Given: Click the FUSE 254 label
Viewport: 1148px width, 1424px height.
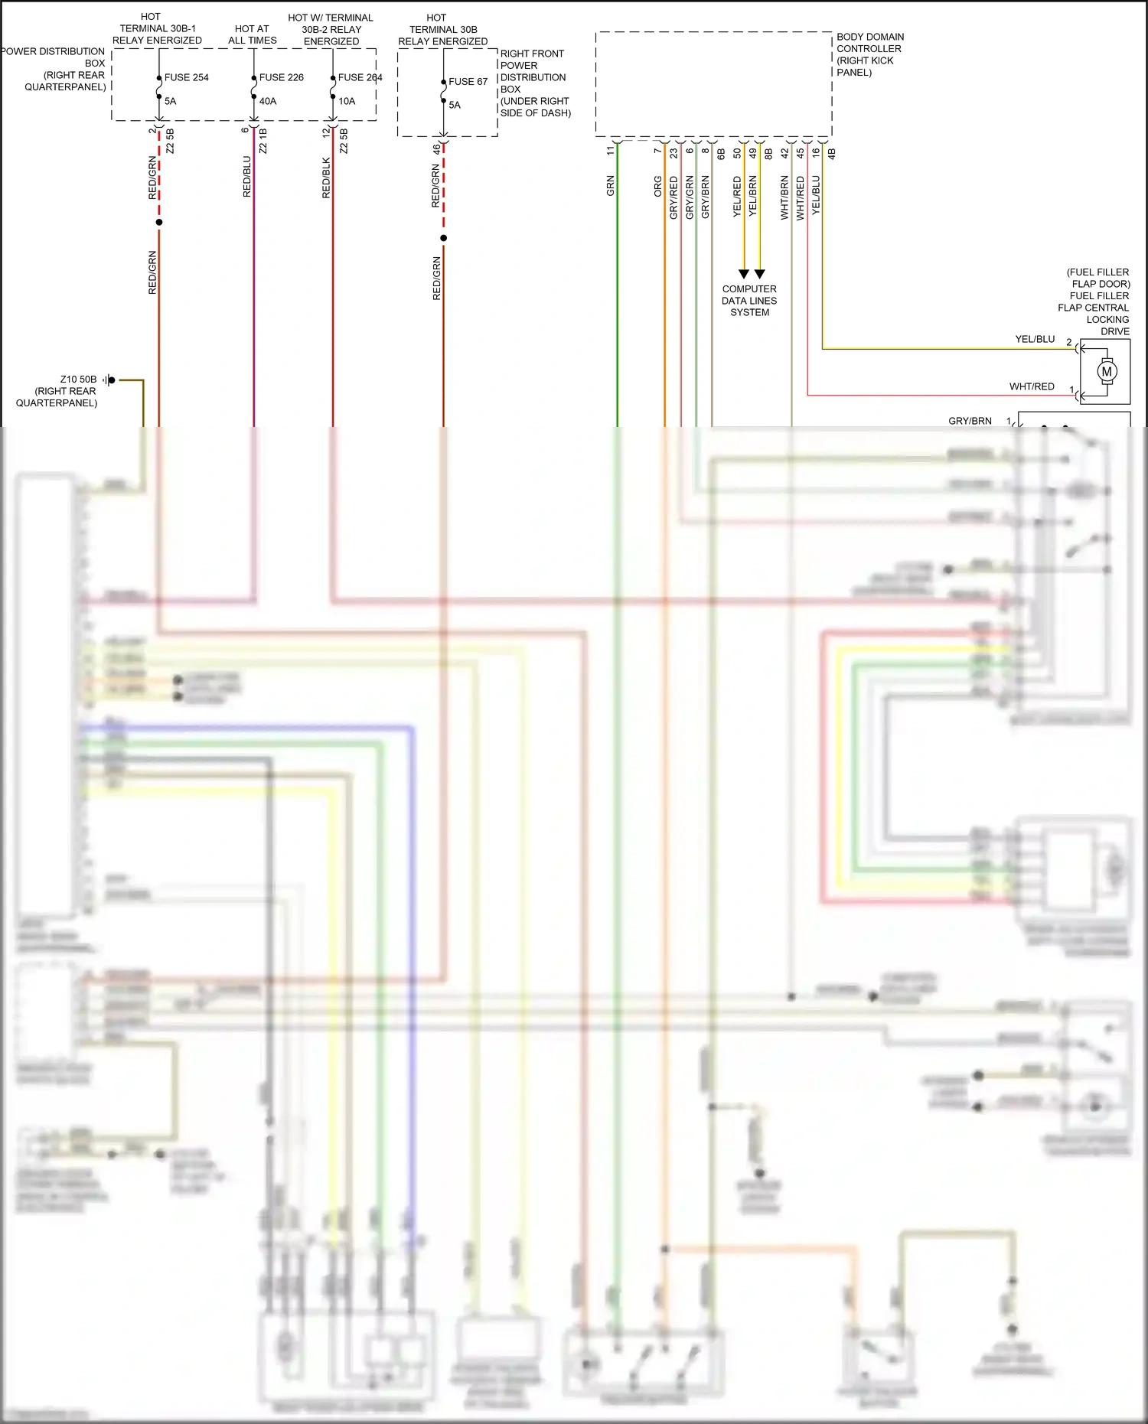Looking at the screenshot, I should pyautogui.click(x=186, y=77).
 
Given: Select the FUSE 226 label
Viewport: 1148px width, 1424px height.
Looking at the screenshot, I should pyautogui.click(x=281, y=77).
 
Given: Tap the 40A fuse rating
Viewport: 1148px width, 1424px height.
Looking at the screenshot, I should pyautogui.click(x=268, y=101).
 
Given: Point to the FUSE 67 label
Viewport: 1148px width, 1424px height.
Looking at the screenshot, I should pyautogui.click(x=468, y=81).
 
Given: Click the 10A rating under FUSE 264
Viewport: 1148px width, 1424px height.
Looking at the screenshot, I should pyautogui.click(x=347, y=101).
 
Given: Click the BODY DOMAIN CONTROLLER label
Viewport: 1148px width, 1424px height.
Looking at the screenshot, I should pyautogui.click(x=869, y=54).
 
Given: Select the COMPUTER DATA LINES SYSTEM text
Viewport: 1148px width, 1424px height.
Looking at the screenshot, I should pyautogui.click(x=749, y=301).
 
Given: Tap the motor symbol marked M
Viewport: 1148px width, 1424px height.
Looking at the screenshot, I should pyautogui.click(x=1107, y=372).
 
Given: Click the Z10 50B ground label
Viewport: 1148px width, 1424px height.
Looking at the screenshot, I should pyautogui.click(x=78, y=380).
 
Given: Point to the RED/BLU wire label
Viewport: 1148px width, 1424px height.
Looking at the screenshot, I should pyautogui.click(x=247, y=177).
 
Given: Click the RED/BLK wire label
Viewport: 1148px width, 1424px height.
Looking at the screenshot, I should pyautogui.click(x=327, y=178).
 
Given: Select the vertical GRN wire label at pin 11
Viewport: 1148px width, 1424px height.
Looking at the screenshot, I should pyautogui.click(x=611, y=186).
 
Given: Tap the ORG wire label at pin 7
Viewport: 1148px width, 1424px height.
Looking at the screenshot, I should pyautogui.click(x=658, y=187).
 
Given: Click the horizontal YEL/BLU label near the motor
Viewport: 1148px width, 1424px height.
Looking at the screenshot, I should pyautogui.click(x=1035, y=339).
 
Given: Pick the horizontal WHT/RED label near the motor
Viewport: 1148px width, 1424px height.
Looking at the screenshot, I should pyautogui.click(x=1032, y=386).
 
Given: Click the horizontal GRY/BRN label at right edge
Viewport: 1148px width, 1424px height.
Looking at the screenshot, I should pyautogui.click(x=970, y=421).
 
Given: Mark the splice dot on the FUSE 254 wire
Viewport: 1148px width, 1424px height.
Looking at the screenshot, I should pyautogui.click(x=159, y=223).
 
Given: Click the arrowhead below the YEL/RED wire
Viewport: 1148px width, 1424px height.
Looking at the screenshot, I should pyautogui.click(x=744, y=274).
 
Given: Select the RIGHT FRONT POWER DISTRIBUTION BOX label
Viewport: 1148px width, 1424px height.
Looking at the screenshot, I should pyautogui.click(x=534, y=83).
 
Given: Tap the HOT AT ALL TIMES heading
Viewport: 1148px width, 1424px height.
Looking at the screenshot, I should pyautogui.click(x=252, y=34).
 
